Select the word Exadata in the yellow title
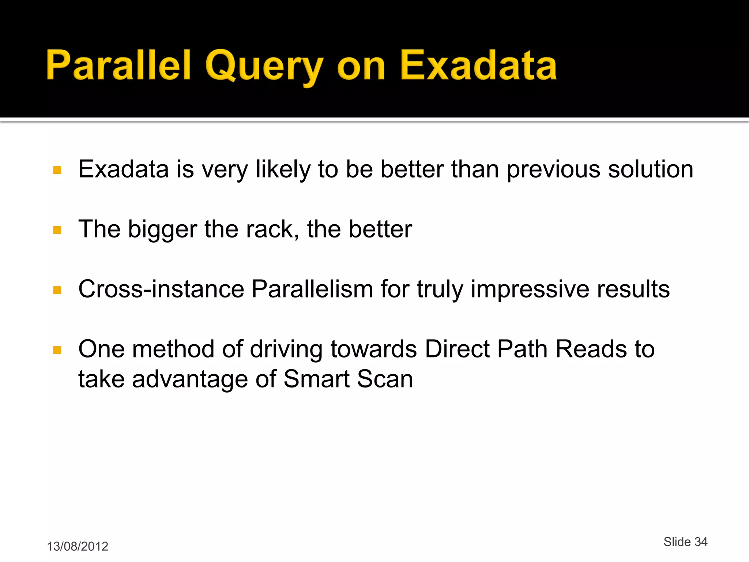(x=478, y=66)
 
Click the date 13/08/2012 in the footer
(x=78, y=546)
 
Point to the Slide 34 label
(x=685, y=542)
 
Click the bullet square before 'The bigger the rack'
(x=57, y=230)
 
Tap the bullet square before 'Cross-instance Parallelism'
(x=57, y=290)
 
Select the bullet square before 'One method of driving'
(x=57, y=350)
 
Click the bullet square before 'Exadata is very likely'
(x=57, y=170)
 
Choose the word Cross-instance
(x=161, y=289)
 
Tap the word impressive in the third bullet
(x=530, y=289)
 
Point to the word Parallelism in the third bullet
(x=312, y=289)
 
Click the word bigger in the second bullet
(x=162, y=230)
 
